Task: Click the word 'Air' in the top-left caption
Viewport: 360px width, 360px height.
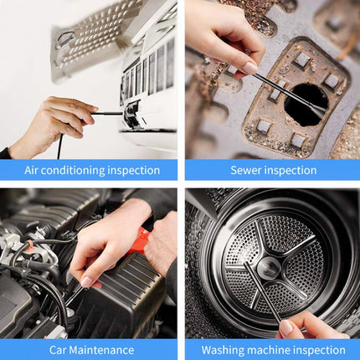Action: pos(32,170)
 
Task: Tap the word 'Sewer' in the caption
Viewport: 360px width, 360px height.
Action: pos(245,170)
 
